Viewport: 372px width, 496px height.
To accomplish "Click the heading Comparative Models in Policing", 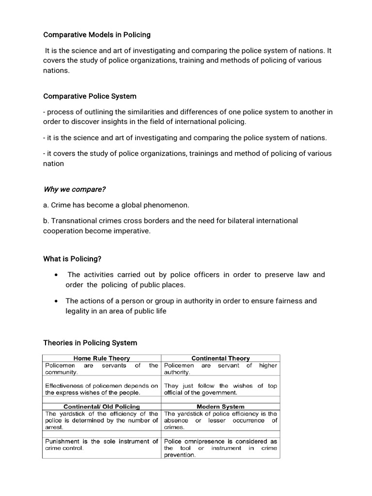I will (97, 35).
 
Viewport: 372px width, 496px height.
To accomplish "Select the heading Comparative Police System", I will (90, 96).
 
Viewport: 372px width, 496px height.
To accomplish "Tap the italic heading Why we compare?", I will (75, 189).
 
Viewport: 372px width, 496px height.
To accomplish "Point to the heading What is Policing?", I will (72, 259).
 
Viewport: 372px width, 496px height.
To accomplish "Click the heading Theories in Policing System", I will (90, 342).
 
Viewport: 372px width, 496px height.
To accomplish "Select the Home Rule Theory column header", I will (102, 358).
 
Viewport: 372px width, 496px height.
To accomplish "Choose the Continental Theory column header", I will (220, 358).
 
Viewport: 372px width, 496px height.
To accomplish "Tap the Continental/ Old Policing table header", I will (102, 407).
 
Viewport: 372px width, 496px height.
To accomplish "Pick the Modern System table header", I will (220, 407).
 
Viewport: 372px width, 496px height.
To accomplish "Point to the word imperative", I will (134, 231).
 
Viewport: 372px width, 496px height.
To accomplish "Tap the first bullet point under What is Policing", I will (57, 275).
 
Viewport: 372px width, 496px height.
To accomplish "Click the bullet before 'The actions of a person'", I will (57, 301).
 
